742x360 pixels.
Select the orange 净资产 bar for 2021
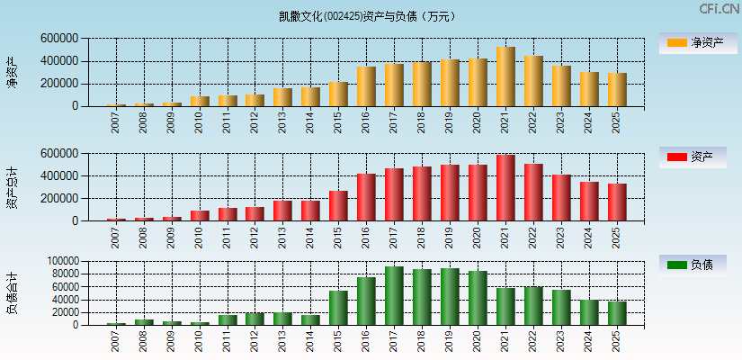tap(505, 76)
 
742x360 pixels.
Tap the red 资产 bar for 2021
tap(505, 188)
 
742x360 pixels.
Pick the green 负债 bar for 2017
tap(394, 296)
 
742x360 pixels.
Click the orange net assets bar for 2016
tap(366, 86)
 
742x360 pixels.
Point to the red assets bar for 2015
tap(338, 206)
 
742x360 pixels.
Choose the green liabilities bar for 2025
tap(617, 313)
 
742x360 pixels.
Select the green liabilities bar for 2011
tap(228, 319)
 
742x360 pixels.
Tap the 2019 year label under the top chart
tap(450, 122)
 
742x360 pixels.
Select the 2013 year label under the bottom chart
tap(282, 342)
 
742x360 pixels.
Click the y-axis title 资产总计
tap(13, 188)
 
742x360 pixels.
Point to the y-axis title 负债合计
tap(13, 292)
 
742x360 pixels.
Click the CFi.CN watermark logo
tap(719, 8)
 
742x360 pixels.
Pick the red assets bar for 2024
tap(589, 201)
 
